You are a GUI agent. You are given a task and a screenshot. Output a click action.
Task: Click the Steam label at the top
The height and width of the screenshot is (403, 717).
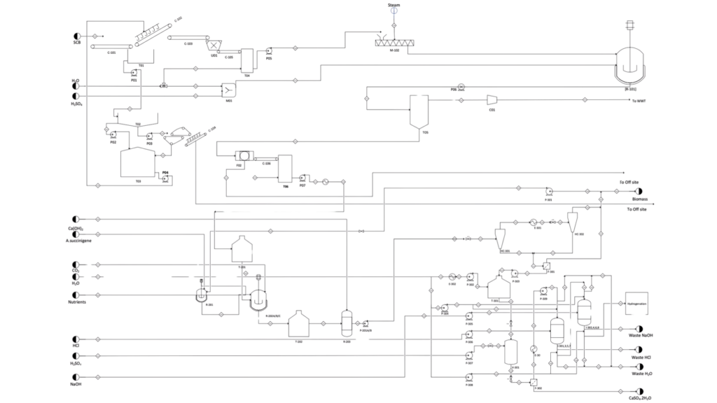click(x=394, y=5)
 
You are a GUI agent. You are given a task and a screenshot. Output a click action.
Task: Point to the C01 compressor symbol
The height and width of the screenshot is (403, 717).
click(x=492, y=100)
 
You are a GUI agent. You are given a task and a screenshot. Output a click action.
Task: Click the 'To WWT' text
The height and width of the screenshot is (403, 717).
click(x=637, y=101)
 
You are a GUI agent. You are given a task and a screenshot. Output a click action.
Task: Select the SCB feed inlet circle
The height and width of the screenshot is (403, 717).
click(x=77, y=36)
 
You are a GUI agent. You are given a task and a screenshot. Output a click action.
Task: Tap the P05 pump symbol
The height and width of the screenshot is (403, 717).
click(x=269, y=51)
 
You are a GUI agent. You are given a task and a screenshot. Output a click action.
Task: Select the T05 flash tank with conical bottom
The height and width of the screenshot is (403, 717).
click(x=419, y=109)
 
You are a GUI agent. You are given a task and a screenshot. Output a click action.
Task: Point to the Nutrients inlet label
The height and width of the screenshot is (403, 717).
click(x=77, y=302)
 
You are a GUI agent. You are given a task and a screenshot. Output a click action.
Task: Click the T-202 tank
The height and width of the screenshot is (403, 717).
click(x=299, y=323)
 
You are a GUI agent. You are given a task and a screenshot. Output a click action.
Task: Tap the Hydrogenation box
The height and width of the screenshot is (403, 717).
click(x=636, y=304)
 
